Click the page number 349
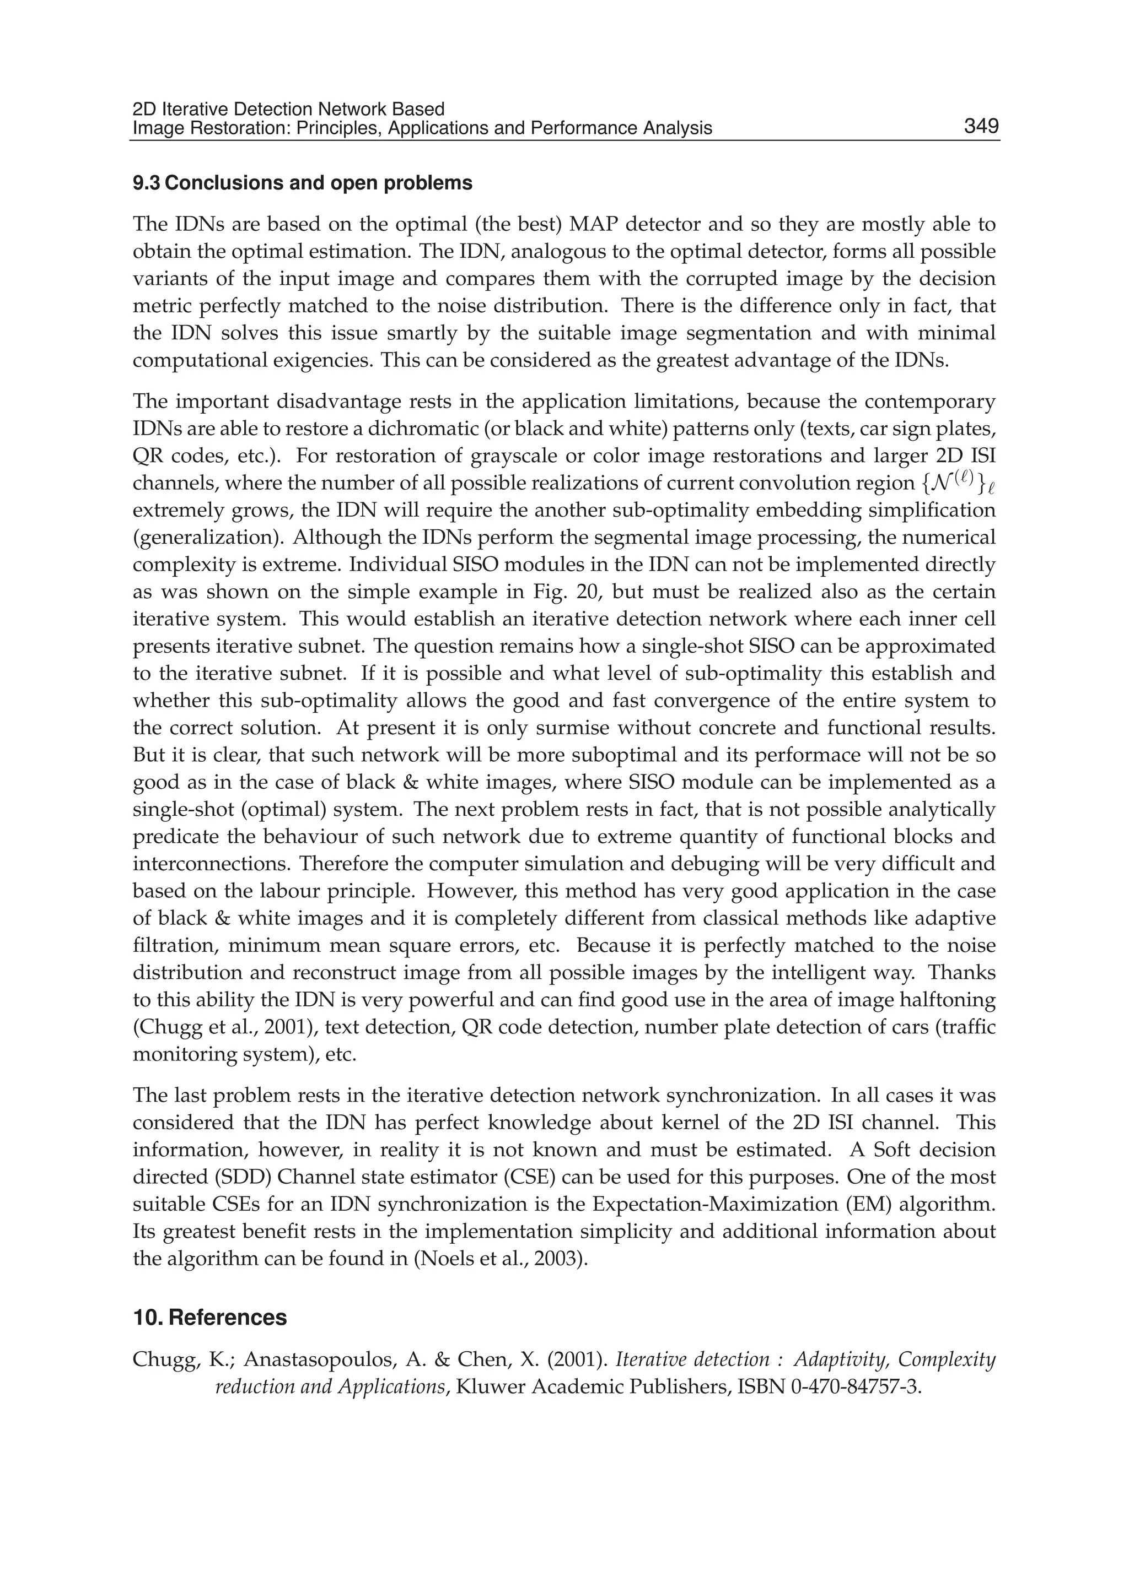[x=981, y=127]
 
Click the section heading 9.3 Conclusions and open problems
[x=303, y=183]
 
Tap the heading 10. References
[x=209, y=1318]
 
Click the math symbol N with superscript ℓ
[x=955, y=481]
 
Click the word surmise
[x=564, y=728]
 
